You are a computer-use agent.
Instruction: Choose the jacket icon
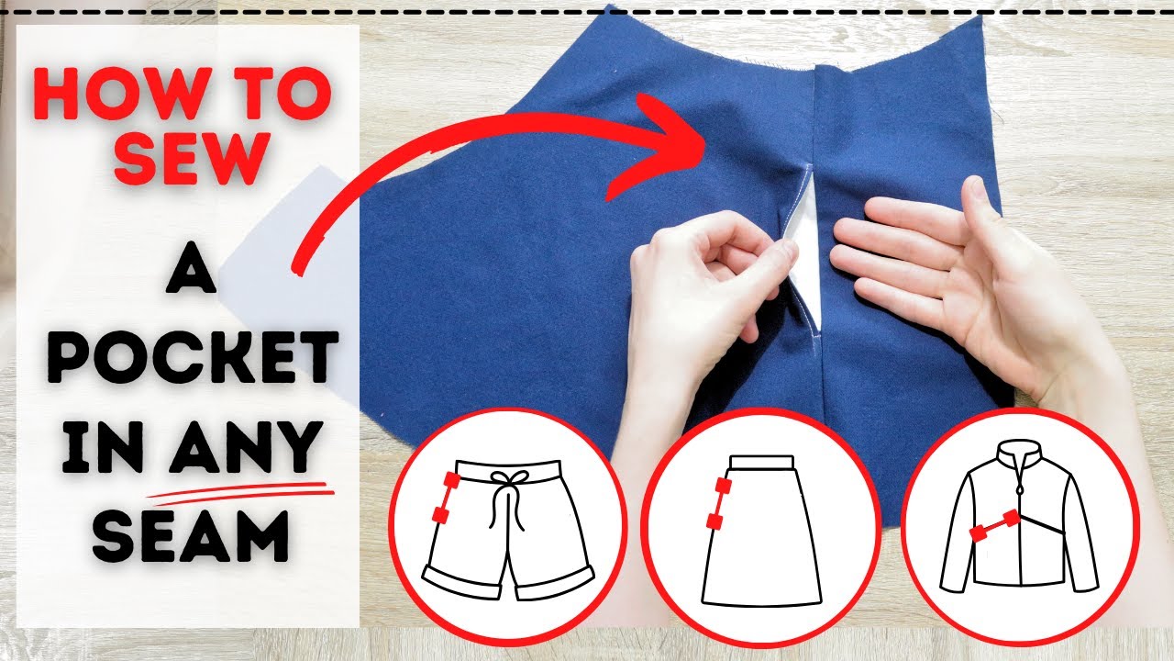1020,527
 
